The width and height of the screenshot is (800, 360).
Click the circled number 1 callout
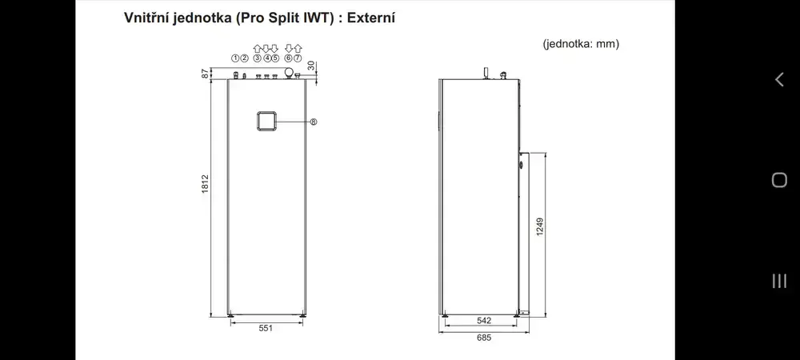tap(235, 58)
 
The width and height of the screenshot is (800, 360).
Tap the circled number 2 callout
tap(244, 58)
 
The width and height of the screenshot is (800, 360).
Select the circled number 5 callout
tap(275, 58)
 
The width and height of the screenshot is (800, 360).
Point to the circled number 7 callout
tap(298, 58)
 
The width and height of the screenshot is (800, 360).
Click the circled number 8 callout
tap(314, 122)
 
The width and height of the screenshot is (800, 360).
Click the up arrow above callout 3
tap(257, 49)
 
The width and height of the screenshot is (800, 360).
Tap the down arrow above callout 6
tap(289, 49)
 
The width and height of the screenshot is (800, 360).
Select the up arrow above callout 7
tap(298, 49)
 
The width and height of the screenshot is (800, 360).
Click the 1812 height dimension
tap(205, 183)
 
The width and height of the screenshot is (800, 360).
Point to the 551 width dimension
tap(266, 328)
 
